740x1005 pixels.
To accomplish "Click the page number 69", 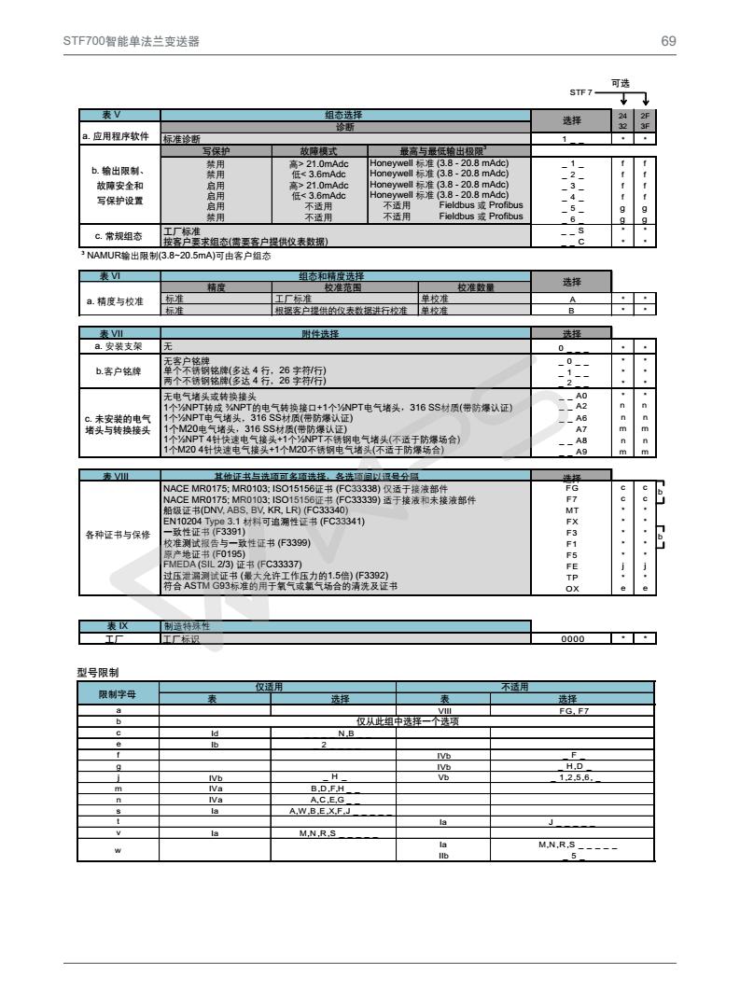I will point(668,41).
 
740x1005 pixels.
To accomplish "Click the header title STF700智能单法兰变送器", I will point(132,41).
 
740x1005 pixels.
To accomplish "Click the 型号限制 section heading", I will point(97,671).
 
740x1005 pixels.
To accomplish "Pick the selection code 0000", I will point(572,638).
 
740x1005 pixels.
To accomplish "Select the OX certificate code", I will point(572,588).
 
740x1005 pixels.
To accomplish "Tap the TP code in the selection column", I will point(572,577).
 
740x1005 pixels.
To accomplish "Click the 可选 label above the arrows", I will point(621,83).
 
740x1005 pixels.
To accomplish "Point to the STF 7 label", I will point(581,92).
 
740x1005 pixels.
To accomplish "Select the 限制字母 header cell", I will point(118,693).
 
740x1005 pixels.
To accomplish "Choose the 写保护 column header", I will point(216,149).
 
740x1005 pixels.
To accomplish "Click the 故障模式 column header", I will point(319,149).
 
